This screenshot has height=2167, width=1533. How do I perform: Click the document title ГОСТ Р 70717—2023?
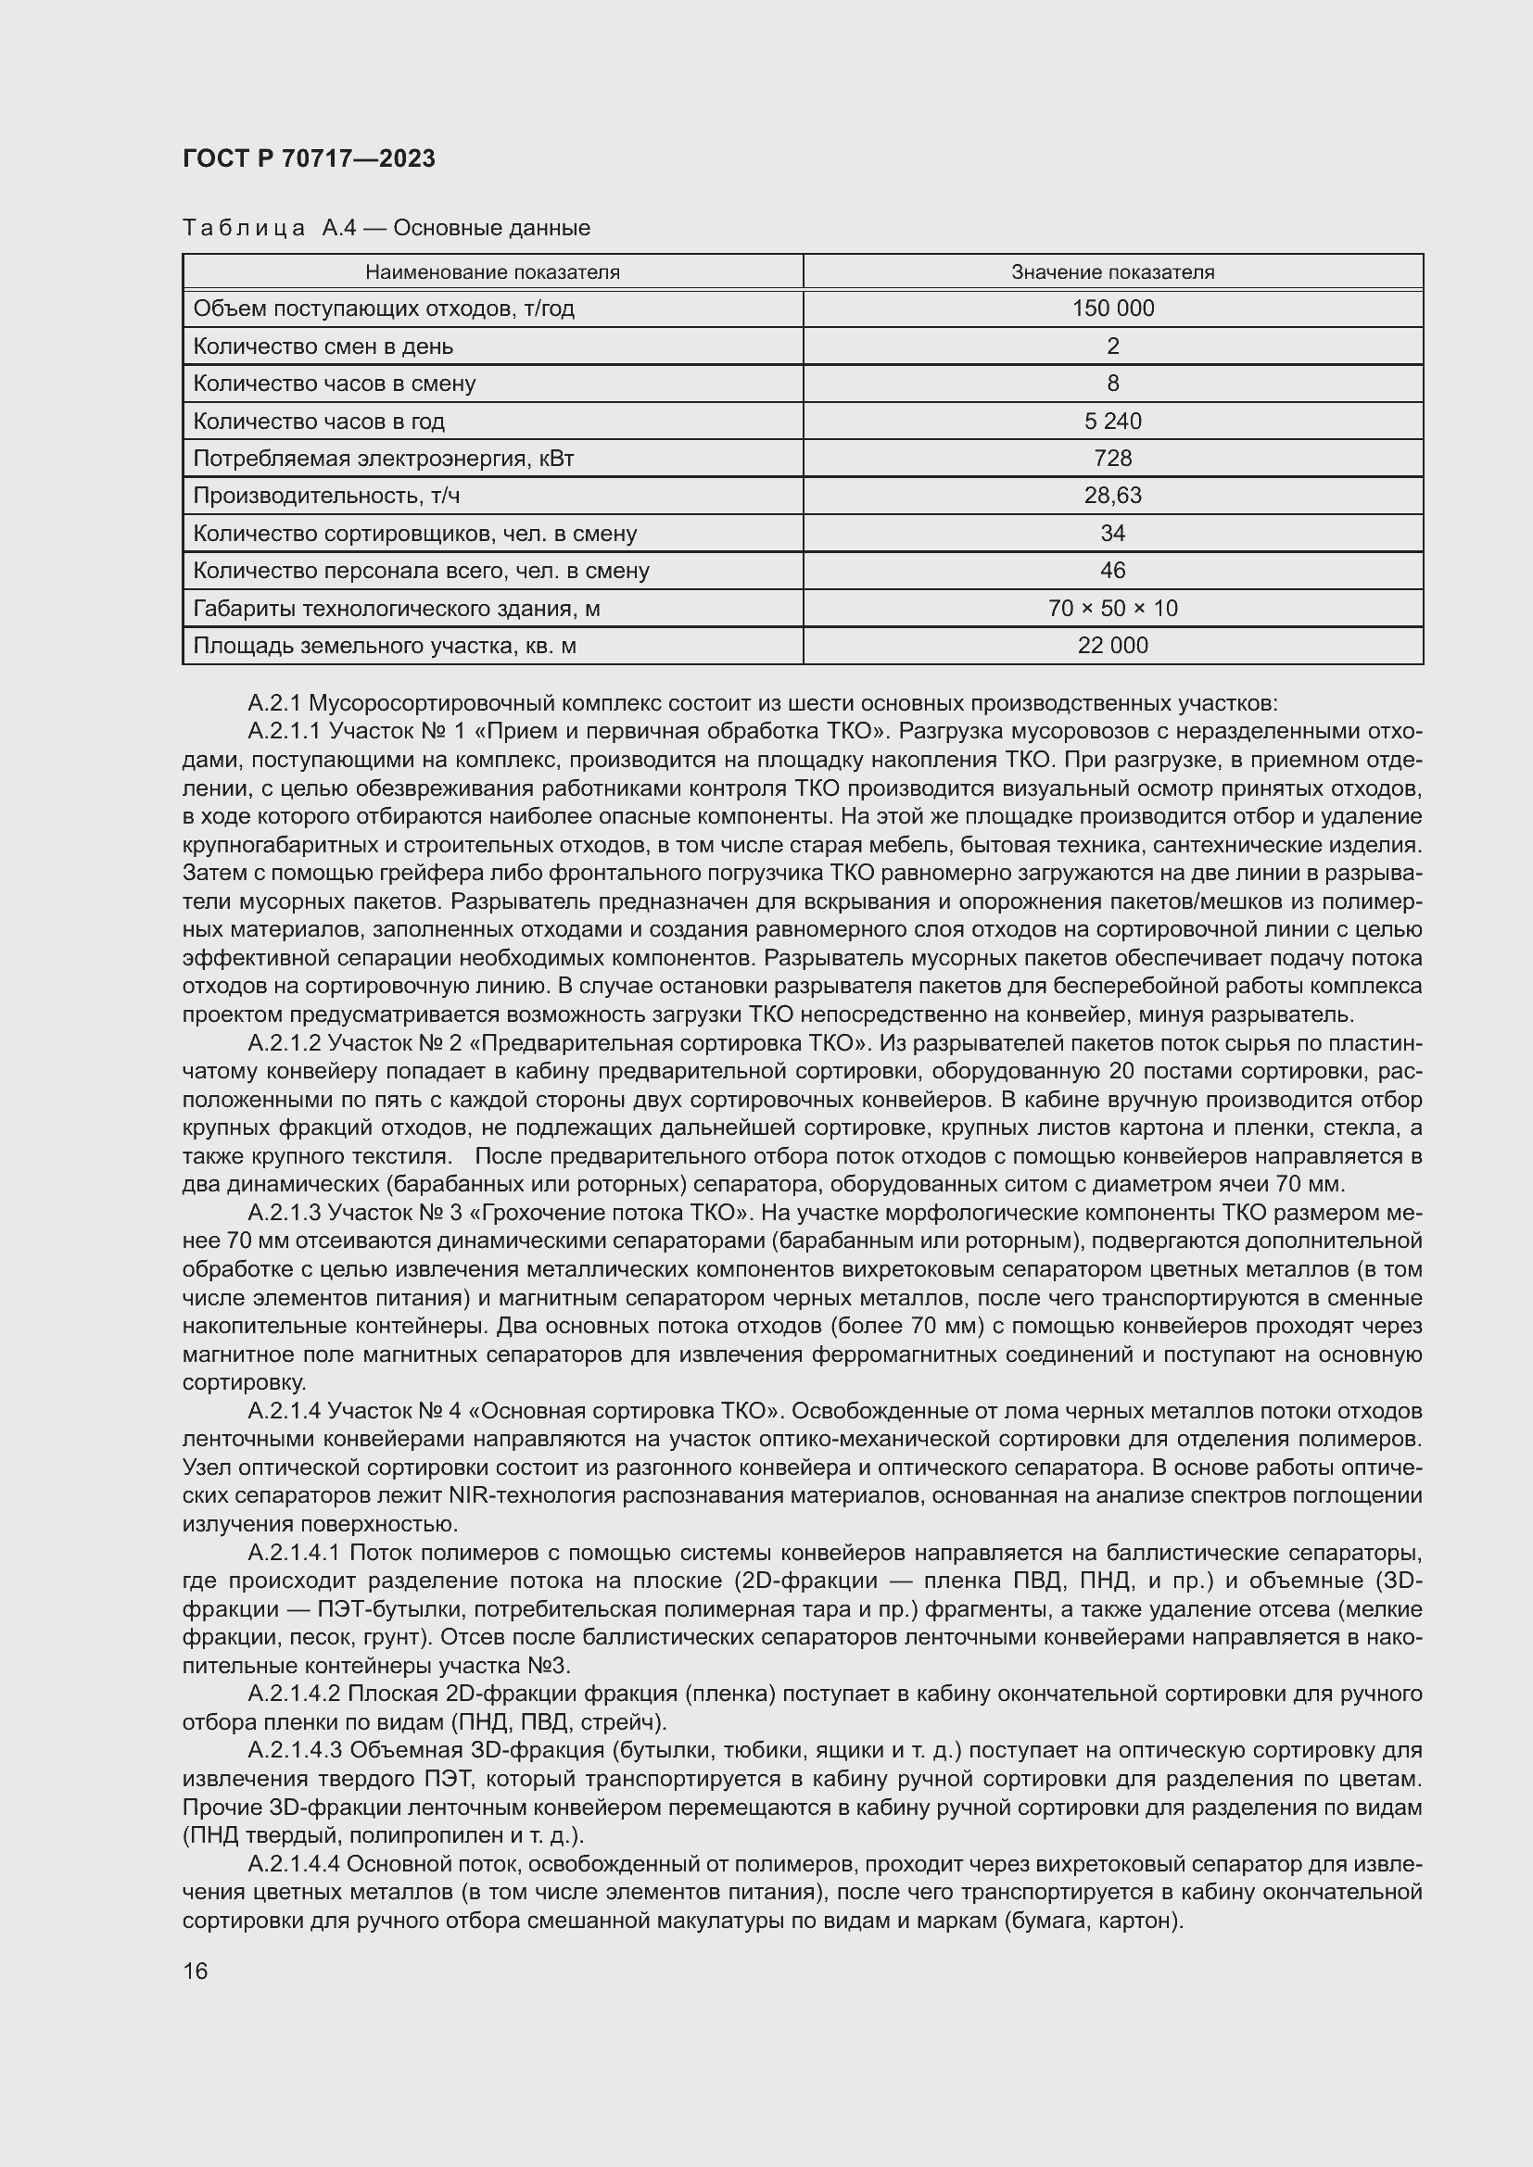point(309,158)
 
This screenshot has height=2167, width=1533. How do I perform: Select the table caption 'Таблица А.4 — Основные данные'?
point(386,228)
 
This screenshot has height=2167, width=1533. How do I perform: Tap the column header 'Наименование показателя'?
point(492,272)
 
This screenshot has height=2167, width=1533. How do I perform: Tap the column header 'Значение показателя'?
point(1112,272)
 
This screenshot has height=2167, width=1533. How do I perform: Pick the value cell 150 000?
point(1112,309)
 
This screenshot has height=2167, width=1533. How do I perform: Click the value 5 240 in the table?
point(1112,421)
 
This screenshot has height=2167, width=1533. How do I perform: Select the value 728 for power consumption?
point(1112,459)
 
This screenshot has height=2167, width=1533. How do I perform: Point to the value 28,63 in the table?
point(1112,496)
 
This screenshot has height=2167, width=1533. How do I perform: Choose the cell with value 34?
point(1112,534)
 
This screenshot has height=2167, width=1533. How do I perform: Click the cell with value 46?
point(1112,570)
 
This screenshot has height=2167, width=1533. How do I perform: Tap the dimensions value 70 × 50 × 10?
point(1112,609)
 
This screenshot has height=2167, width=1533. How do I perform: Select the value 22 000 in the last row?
point(1112,646)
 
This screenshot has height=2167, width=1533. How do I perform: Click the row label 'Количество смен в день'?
point(323,346)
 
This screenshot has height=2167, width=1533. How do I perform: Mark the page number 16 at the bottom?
point(196,1971)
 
